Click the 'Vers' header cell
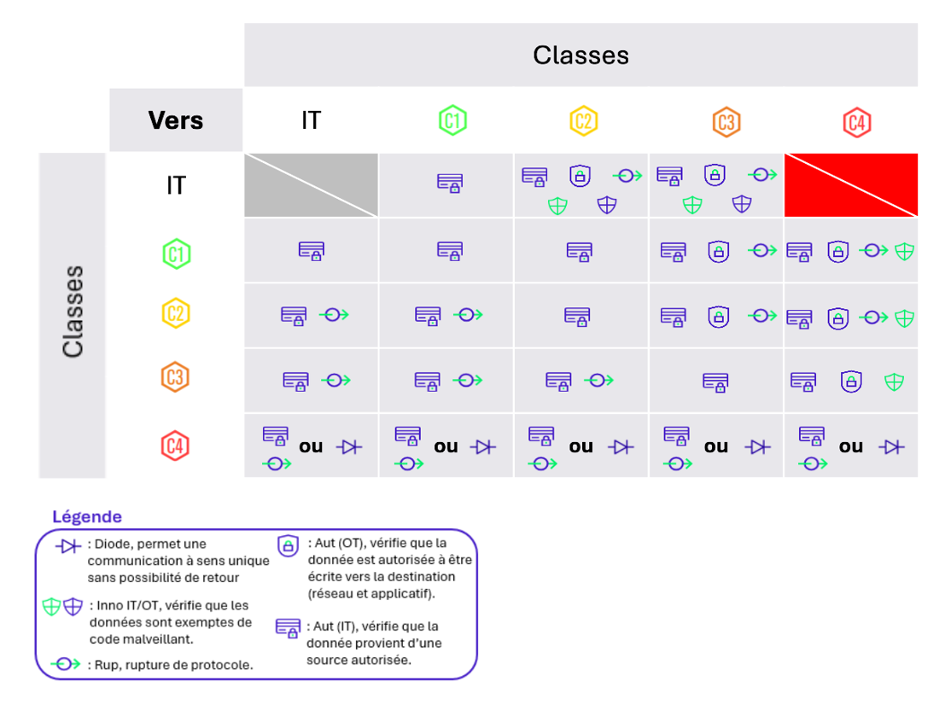pyautogui.click(x=176, y=119)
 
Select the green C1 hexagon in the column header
pyautogui.click(x=452, y=120)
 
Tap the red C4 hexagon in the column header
pyautogui.click(x=856, y=122)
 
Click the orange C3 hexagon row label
pyautogui.click(x=175, y=377)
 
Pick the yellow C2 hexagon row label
pyautogui.click(x=175, y=313)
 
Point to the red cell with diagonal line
pyautogui.click(x=851, y=185)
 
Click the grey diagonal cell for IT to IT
pyautogui.click(x=312, y=185)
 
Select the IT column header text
pyautogui.click(x=311, y=120)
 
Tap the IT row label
pyautogui.click(x=176, y=185)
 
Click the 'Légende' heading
pyautogui.click(x=87, y=516)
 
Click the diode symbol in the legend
pyautogui.click(x=67, y=546)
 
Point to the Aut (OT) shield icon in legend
pyautogui.click(x=289, y=545)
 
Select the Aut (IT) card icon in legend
pyautogui.click(x=288, y=627)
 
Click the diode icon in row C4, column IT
pyautogui.click(x=349, y=446)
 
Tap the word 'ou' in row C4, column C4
pyautogui.click(x=850, y=446)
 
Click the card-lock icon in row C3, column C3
pyautogui.click(x=715, y=382)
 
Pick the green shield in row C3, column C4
pyautogui.click(x=894, y=382)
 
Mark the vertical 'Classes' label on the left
pyautogui.click(x=73, y=312)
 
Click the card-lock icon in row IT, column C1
pyautogui.click(x=450, y=182)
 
